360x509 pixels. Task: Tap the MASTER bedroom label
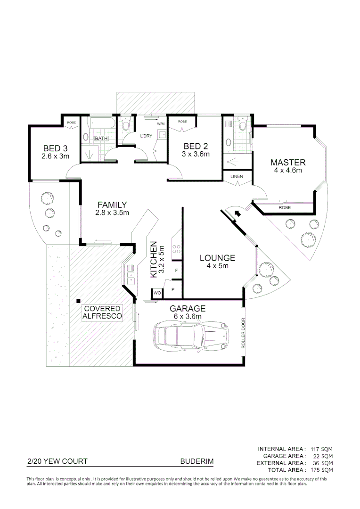tap(287, 162)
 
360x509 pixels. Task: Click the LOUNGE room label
tap(217, 258)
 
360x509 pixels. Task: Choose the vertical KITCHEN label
tap(154, 260)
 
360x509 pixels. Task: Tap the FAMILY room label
tap(112, 205)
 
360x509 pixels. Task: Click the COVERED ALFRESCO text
tap(102, 312)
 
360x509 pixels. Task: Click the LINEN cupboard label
tap(236, 176)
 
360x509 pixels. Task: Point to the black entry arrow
tap(237, 213)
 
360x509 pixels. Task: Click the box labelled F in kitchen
tap(176, 271)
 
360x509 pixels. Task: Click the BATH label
tap(101, 139)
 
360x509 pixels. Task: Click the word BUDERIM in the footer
tap(196, 462)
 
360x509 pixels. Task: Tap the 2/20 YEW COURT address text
tap(57, 462)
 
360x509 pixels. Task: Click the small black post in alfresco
tap(79, 301)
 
